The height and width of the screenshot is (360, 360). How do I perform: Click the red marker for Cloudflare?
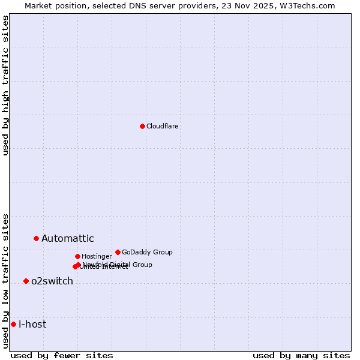[x=142, y=126]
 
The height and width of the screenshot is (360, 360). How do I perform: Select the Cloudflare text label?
[x=163, y=126]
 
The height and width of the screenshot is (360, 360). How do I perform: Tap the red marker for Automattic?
[x=36, y=238]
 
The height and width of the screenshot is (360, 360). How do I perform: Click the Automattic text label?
[x=68, y=239]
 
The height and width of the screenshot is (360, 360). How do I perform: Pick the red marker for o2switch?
[x=26, y=281]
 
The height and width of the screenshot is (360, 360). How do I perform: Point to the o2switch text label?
[x=52, y=281]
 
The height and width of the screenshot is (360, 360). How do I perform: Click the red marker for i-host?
[x=13, y=324]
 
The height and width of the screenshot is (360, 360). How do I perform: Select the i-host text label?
[x=32, y=325]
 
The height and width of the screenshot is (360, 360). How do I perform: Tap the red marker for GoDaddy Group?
[x=118, y=252]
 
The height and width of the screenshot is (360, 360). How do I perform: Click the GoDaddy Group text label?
[x=147, y=252]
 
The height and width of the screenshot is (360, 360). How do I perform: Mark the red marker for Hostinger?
[x=77, y=256]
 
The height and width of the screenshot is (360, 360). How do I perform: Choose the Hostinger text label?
[x=97, y=256]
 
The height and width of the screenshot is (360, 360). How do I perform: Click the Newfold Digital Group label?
[x=118, y=265]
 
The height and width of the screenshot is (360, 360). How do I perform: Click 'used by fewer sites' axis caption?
[x=62, y=355]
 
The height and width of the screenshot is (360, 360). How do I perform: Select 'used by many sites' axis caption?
[x=301, y=355]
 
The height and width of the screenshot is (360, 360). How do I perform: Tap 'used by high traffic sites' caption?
[x=6, y=85]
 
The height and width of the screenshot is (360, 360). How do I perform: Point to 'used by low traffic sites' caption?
[x=6, y=280]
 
